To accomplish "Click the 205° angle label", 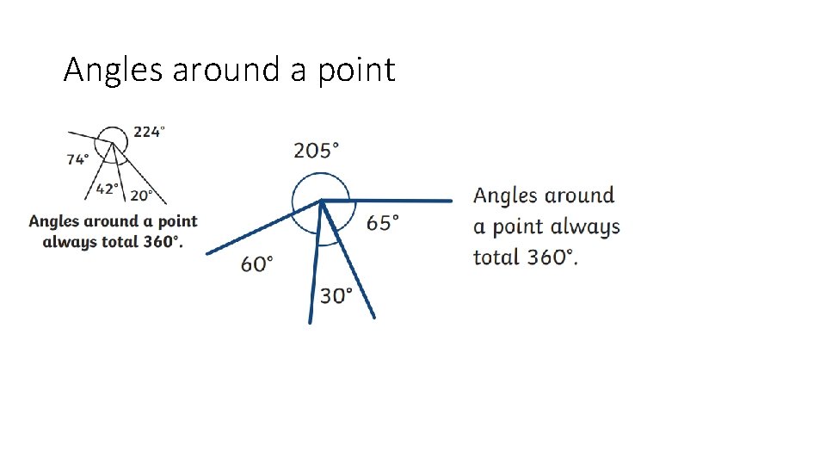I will point(316,152).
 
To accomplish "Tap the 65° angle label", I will point(382,223).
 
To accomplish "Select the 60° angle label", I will point(257,263).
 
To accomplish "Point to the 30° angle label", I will point(336,296).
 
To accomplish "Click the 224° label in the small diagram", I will point(149,132).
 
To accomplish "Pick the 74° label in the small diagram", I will point(77,159).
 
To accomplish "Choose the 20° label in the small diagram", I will point(142,195).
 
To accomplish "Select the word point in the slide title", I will point(354,71).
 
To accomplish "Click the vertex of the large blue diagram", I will point(321,201).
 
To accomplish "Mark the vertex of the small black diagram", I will point(111,143).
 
